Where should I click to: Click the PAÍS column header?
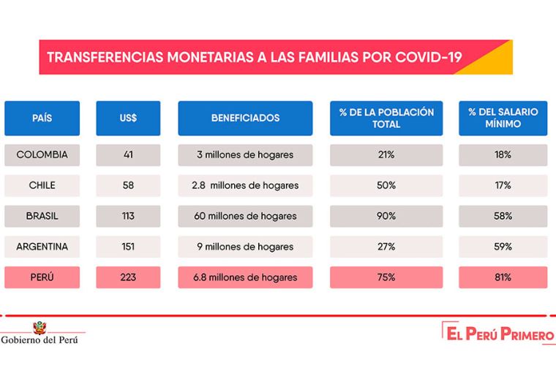pos(42,118)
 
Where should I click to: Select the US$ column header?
pos(128,118)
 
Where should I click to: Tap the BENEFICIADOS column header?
pos(245,118)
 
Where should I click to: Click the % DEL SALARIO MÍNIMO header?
pos(503,118)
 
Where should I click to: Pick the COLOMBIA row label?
pos(42,155)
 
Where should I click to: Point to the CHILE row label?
pos(42,186)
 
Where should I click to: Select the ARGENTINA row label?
pos(42,247)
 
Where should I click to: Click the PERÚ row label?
pos(42,277)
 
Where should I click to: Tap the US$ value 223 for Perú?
pos(128,277)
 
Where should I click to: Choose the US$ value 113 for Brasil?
pos(128,217)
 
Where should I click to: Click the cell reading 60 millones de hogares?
pos(245,217)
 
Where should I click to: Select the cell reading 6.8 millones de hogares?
pos(245,277)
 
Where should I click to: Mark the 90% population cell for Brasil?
pos(386,217)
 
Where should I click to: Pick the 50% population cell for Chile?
pos(386,186)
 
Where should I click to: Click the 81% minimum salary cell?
pos(503,277)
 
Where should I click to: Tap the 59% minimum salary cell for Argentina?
pos(503,247)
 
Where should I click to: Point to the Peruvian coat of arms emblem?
pos(37,326)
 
